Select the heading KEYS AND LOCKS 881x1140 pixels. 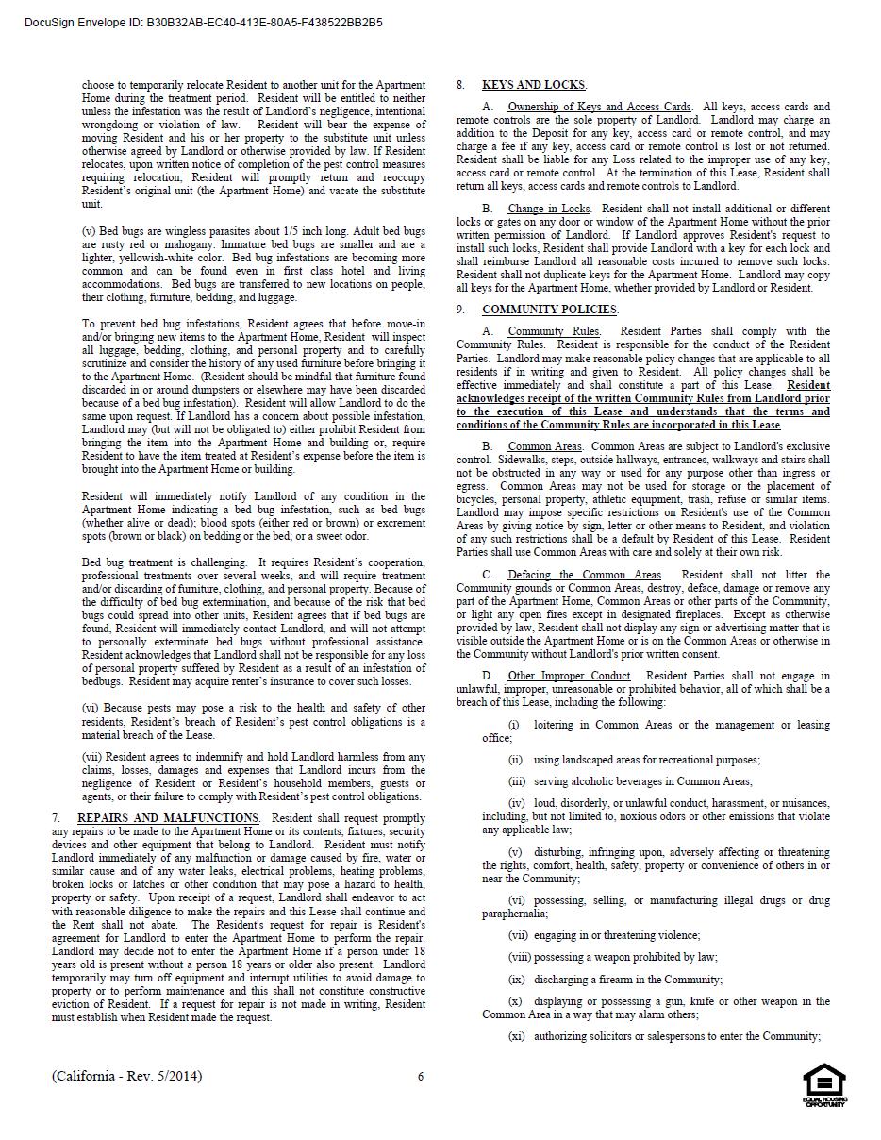(x=534, y=85)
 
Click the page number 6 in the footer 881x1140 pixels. (x=421, y=1077)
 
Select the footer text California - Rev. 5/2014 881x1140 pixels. (x=127, y=1076)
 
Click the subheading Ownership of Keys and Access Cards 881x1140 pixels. (x=599, y=107)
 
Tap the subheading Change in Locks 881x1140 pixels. (x=549, y=209)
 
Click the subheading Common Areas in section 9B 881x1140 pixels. (x=544, y=446)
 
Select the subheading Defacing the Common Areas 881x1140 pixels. (x=584, y=575)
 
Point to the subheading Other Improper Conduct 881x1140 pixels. (x=569, y=676)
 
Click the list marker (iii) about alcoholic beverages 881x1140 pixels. (x=517, y=781)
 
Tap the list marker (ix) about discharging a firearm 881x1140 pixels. (x=516, y=980)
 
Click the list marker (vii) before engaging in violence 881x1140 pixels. (x=518, y=935)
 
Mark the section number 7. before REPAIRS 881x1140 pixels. (x=57, y=818)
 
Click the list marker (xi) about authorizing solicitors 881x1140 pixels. (x=516, y=1036)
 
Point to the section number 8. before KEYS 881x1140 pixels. (x=461, y=85)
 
